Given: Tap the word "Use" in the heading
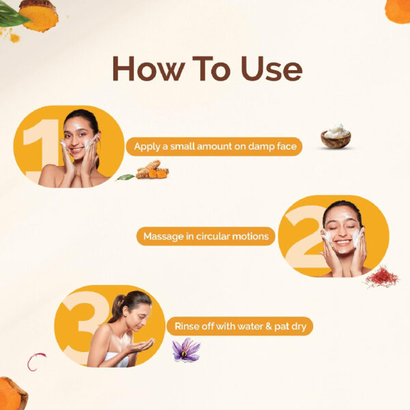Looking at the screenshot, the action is coord(271,68).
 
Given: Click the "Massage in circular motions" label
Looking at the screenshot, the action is coord(206,236).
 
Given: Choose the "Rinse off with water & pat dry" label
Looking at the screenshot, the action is coord(240,327).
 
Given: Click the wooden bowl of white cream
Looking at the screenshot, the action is coord(336,136).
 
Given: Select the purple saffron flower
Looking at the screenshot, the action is coord(186,350).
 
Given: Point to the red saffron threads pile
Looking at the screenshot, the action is coord(382,277).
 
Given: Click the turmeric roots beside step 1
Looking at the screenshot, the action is coord(152,170).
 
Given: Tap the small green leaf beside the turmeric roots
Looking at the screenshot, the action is coord(126,177).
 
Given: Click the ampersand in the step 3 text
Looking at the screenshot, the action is coord(268,327).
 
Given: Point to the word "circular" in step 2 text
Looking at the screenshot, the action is coord(213,236).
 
